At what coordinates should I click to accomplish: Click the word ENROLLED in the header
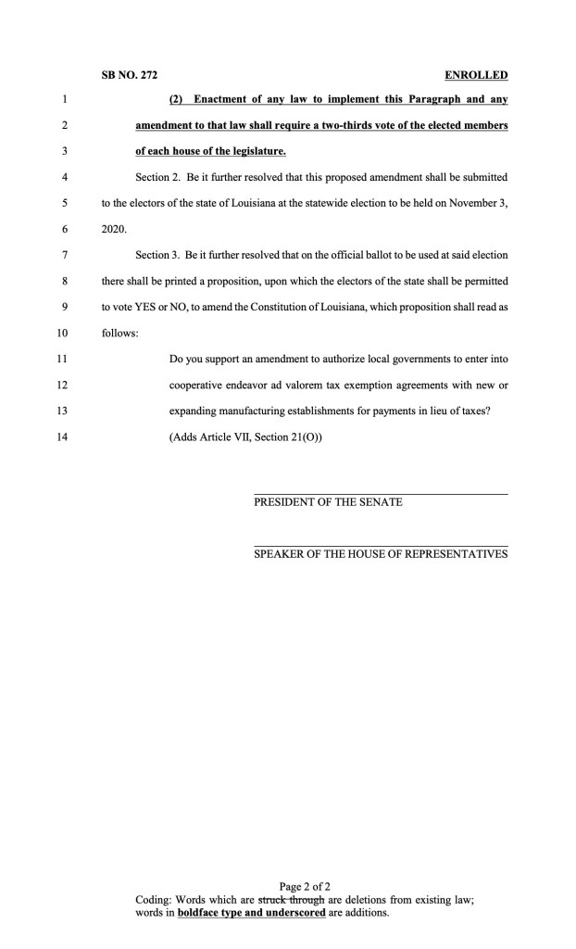(x=477, y=75)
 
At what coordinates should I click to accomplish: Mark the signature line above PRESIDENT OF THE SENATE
(x=381, y=494)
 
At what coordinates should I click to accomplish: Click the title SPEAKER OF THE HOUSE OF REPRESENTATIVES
(x=381, y=554)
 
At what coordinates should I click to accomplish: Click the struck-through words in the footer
(x=291, y=900)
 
